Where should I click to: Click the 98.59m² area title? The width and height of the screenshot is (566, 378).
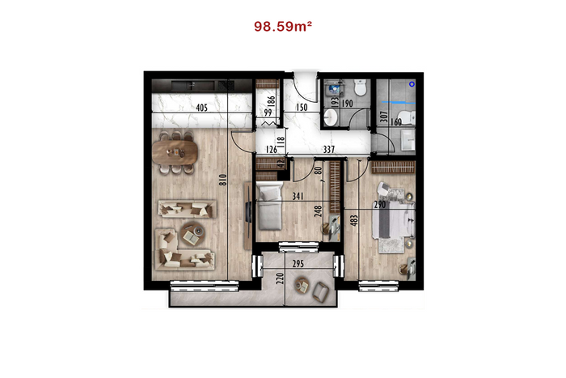[283, 27]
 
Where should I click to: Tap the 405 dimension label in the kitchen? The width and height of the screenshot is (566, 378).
[202, 108]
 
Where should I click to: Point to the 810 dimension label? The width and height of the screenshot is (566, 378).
[222, 180]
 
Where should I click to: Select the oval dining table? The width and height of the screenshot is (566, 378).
[175, 152]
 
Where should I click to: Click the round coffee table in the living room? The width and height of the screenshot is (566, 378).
[192, 234]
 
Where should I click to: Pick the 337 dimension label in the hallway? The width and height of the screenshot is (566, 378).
[329, 149]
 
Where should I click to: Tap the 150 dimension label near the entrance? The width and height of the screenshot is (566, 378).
[302, 108]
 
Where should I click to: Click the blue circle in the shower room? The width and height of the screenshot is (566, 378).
[412, 84]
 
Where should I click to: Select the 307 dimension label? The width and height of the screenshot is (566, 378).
[384, 117]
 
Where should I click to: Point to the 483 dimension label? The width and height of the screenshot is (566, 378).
[354, 220]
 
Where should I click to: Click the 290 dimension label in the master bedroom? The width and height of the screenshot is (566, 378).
[380, 205]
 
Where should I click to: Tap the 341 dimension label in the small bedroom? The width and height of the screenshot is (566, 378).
[298, 196]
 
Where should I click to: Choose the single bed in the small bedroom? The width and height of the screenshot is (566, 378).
[269, 206]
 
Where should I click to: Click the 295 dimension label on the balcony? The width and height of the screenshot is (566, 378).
[298, 264]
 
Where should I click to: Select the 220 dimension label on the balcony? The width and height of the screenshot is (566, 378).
[280, 278]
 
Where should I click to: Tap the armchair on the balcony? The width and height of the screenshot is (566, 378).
[320, 291]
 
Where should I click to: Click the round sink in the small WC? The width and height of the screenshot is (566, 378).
[330, 117]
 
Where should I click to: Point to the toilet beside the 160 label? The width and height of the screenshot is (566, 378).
[409, 117]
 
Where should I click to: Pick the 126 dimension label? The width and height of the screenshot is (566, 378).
[271, 149]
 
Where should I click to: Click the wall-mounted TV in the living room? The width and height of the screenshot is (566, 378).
[249, 212]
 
